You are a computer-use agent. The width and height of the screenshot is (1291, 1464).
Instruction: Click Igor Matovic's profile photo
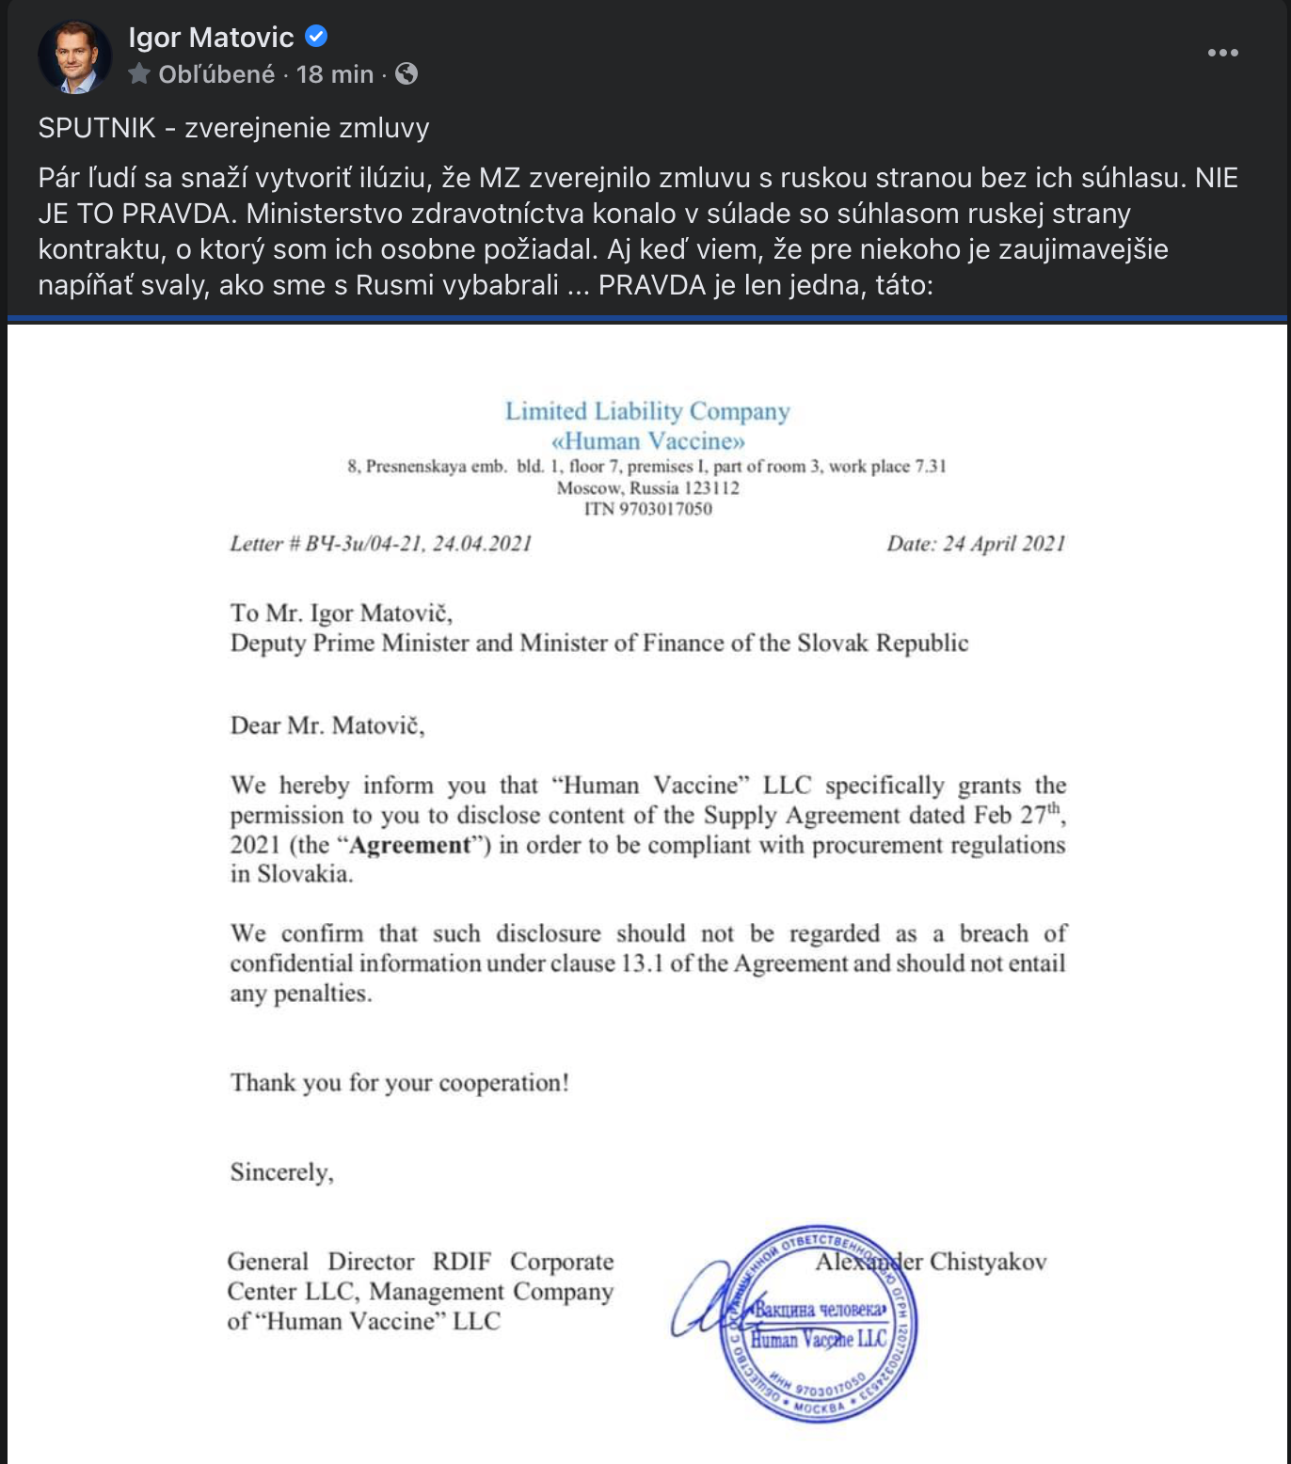click(x=74, y=56)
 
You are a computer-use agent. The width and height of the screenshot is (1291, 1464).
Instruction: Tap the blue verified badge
click(x=316, y=37)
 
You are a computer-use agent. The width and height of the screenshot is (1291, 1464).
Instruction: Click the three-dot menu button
click(x=1222, y=53)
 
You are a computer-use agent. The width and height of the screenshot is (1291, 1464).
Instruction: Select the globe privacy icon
click(x=406, y=73)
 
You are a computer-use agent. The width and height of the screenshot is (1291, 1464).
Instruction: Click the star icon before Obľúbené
click(x=139, y=73)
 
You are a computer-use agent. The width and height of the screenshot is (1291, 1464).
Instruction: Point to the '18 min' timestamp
click(x=334, y=74)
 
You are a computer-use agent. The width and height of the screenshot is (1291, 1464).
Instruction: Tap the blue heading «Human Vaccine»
click(x=647, y=440)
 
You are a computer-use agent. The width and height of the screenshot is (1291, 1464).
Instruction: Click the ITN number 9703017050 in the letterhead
click(x=664, y=509)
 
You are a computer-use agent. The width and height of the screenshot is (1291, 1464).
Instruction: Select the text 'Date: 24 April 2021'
click(x=976, y=544)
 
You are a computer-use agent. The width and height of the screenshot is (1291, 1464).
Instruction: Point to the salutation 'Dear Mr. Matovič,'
click(x=327, y=725)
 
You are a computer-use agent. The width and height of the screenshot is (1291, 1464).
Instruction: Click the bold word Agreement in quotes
click(x=409, y=845)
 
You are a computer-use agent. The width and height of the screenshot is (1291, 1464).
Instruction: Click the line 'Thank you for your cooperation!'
click(x=400, y=1083)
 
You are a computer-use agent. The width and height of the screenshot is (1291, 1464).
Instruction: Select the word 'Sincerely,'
click(x=281, y=1172)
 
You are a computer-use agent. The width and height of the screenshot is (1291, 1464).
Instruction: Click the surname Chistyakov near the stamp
click(x=988, y=1262)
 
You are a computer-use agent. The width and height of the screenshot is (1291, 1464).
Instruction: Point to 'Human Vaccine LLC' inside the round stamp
click(x=819, y=1339)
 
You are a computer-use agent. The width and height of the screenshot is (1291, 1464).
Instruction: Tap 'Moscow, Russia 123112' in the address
click(x=647, y=488)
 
